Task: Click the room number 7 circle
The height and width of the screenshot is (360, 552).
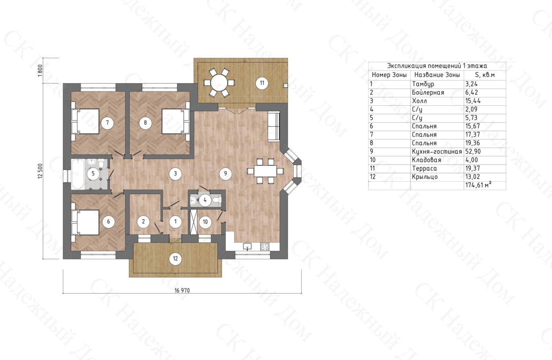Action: tap(107, 123)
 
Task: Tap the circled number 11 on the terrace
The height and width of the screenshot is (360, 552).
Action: tap(262, 83)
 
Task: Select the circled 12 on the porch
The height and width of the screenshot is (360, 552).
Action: tap(175, 259)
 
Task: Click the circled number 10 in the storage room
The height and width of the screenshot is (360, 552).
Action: tap(205, 222)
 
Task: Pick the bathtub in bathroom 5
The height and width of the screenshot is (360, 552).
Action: tap(78, 174)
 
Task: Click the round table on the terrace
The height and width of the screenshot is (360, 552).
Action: tap(219, 82)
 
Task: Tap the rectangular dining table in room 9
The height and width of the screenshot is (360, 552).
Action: tap(265, 171)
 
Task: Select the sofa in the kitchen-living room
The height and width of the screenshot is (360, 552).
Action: tap(274, 127)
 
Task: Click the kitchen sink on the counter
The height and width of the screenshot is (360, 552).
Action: tap(247, 246)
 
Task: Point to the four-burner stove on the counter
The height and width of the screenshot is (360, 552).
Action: tap(265, 246)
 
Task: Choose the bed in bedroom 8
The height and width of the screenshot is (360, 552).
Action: tap(176, 122)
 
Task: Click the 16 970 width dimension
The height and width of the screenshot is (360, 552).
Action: tap(182, 291)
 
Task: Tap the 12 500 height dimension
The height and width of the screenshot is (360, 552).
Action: tap(40, 171)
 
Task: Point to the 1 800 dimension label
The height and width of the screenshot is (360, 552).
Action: tap(40, 70)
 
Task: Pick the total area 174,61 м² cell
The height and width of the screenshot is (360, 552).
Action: tap(477, 185)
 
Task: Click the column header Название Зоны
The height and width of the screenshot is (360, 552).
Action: tap(437, 75)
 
